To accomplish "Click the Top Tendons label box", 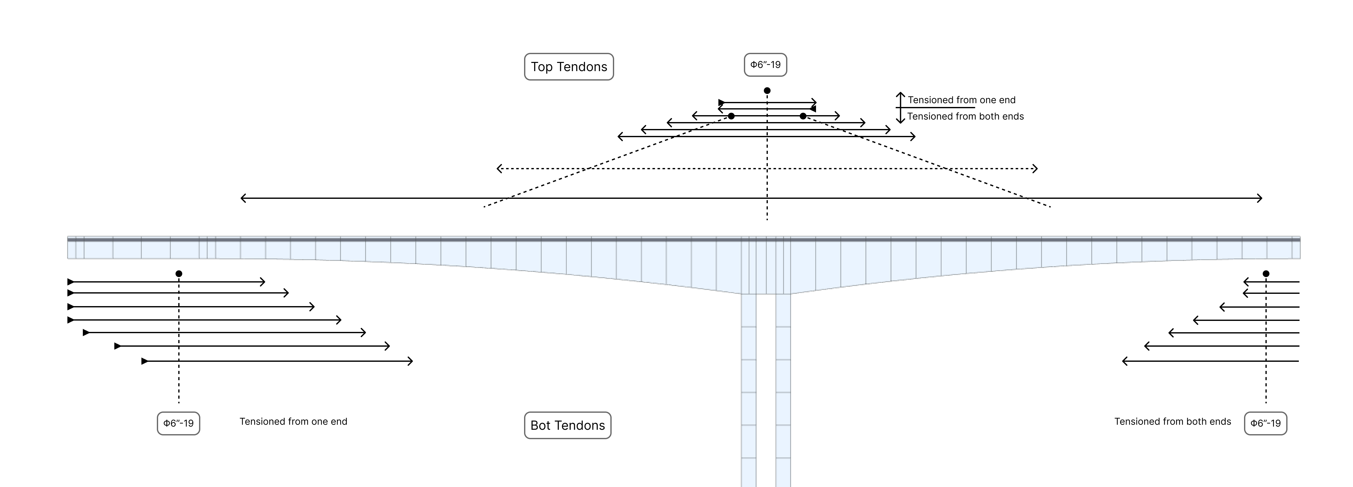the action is [569, 67].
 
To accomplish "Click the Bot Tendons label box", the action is [568, 425].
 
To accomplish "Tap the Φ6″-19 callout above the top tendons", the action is [765, 64].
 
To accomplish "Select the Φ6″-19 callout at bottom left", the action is [179, 423].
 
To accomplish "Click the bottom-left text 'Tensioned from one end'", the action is [293, 421].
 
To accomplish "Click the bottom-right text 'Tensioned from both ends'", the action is [1172, 421].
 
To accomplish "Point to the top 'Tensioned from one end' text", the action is [962, 100].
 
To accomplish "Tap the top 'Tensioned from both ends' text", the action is [965, 116].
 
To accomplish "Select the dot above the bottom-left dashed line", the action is [179, 273].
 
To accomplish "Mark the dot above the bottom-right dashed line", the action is [1266, 273].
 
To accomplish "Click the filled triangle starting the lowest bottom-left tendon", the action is [145, 361].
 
